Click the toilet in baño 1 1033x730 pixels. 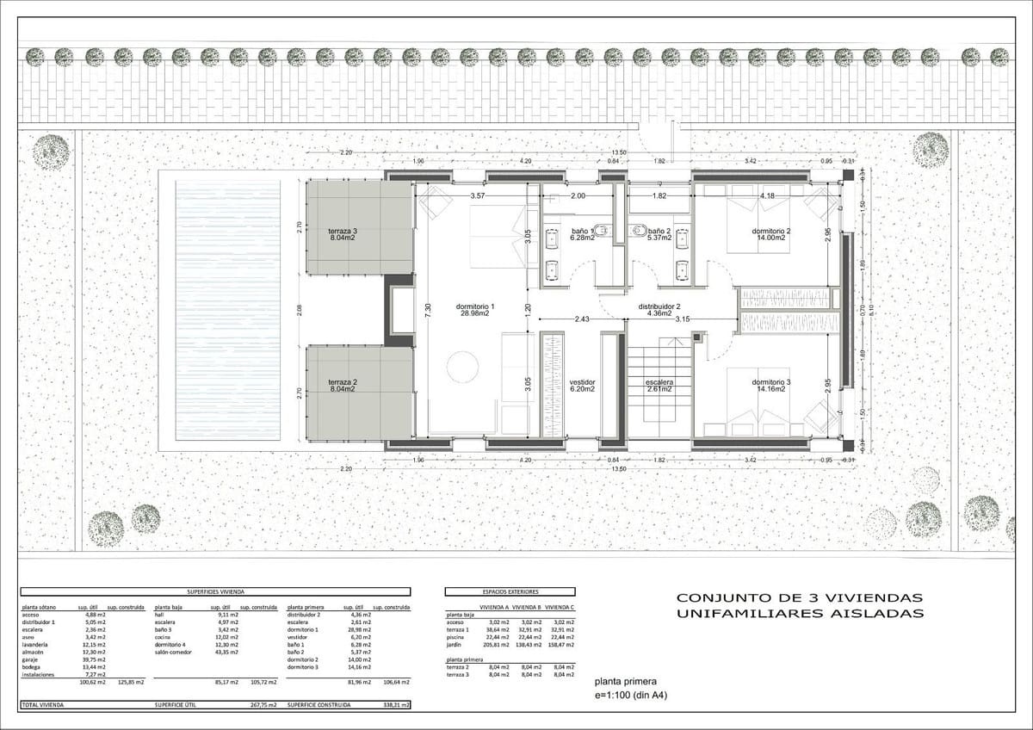pyautogui.click(x=603, y=230)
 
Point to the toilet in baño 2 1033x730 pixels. pyautogui.click(x=638, y=230)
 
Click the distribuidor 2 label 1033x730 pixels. pyautogui.click(x=659, y=306)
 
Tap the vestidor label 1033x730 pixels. pyautogui.click(x=582, y=382)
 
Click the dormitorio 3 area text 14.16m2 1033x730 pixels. pyautogui.click(x=770, y=388)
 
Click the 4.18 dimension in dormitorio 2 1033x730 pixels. pyautogui.click(x=768, y=196)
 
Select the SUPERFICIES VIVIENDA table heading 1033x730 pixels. pyautogui.click(x=215, y=592)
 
